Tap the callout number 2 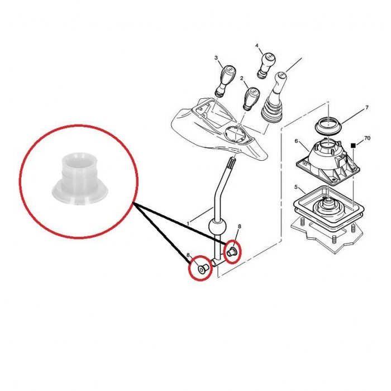point(242,78)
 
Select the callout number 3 point(216,58)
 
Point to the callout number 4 point(257,45)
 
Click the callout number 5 point(296,187)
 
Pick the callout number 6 point(296,141)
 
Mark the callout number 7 point(367,108)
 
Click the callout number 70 point(368,138)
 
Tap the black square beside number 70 point(353,145)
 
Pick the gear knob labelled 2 point(251,98)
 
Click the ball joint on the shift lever point(217,226)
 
